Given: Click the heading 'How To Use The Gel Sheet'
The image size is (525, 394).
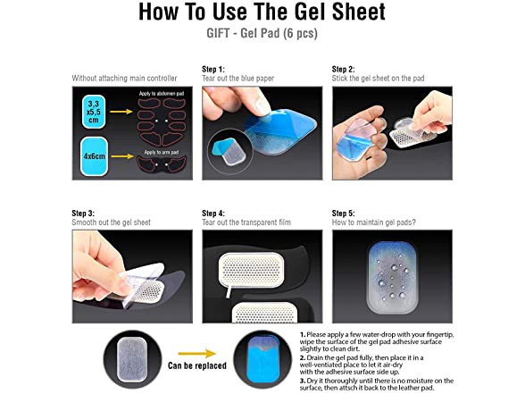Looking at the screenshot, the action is [x=262, y=12].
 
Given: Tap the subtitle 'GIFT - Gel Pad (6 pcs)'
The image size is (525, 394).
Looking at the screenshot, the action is [x=262, y=34].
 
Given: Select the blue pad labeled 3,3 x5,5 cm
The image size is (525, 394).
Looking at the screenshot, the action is [x=94, y=112].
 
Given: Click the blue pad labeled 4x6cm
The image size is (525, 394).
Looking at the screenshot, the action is [x=94, y=156].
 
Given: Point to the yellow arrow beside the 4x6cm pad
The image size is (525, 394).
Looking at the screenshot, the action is [x=122, y=156].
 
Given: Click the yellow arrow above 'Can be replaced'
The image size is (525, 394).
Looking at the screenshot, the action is [x=196, y=354].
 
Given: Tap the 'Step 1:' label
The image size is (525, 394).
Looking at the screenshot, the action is [x=213, y=70].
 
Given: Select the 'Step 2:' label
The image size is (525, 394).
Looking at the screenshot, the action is [x=343, y=70].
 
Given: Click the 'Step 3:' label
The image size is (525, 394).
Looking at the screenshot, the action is [x=83, y=214].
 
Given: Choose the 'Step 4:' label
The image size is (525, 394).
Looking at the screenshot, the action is [x=213, y=214].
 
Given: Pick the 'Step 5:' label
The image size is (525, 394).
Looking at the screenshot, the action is [x=343, y=214].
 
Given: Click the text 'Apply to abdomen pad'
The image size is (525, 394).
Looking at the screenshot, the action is [x=162, y=94].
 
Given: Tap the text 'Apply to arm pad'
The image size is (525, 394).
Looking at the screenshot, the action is [x=162, y=153].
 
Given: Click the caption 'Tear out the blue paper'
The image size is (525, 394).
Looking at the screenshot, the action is [x=237, y=79].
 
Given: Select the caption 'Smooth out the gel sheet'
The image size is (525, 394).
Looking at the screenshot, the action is [x=111, y=222].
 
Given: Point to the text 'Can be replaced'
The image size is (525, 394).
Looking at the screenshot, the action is [x=197, y=365].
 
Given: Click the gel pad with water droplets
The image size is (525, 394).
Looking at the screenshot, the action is [x=392, y=277].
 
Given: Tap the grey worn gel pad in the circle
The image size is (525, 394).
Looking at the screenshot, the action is [x=132, y=359].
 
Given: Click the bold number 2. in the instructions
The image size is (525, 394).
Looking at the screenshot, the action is [x=303, y=357].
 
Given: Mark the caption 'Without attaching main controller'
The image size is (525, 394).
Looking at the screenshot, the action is [x=124, y=79].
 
